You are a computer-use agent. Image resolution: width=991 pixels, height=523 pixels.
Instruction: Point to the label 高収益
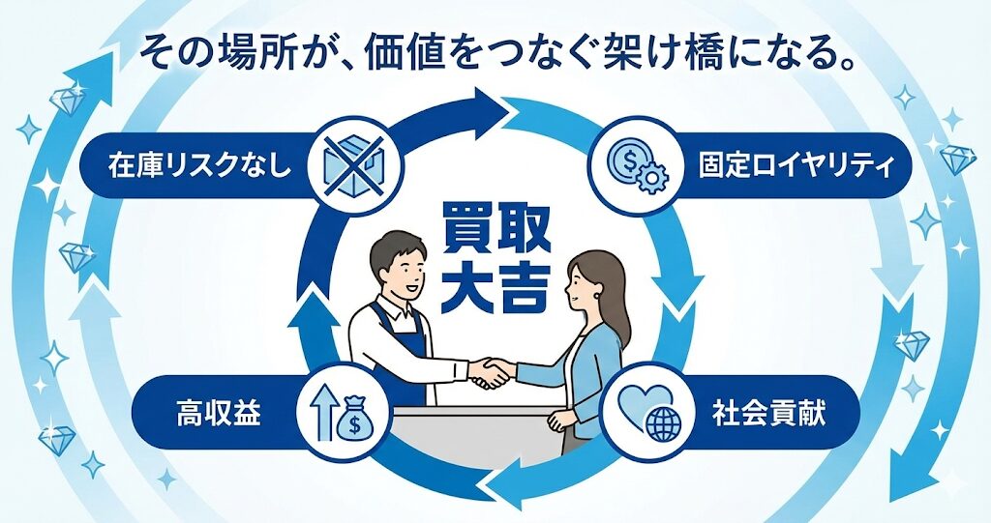[218, 414]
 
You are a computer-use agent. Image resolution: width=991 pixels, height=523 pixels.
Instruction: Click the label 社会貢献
[768, 414]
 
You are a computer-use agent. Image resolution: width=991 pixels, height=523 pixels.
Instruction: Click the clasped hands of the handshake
[491, 372]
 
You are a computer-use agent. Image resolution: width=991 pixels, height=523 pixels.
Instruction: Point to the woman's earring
[597, 294]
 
